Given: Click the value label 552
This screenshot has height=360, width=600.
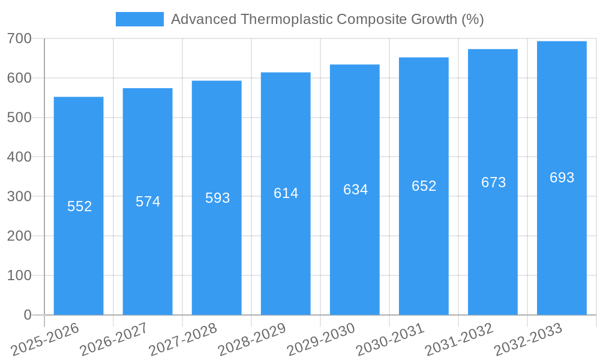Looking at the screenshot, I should pos(79,206).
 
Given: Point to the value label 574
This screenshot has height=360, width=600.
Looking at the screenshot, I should pos(148,202).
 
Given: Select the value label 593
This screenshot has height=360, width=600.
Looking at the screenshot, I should pos(217,198).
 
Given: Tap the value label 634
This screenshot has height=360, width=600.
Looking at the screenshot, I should pos(355,190).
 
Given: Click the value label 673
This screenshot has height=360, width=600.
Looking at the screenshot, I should pos(493,182).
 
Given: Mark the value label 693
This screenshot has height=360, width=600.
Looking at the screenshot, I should pos(562,178).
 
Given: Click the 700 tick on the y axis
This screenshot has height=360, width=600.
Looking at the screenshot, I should pos(19,38).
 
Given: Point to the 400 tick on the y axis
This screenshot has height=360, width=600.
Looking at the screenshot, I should pos(19,157).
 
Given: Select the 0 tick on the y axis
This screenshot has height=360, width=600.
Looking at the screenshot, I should pos(27,315).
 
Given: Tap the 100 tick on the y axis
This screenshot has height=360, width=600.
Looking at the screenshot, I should pos(19,275).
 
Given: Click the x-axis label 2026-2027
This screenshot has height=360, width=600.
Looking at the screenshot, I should pos(114,338).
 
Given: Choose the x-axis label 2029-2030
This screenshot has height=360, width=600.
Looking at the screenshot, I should pos(322,338).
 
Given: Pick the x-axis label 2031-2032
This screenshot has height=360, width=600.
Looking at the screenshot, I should pos(460,338).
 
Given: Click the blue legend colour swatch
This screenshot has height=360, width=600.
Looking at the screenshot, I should pos(139,19).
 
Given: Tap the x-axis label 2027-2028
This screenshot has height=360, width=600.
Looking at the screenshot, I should pos(183,338).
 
